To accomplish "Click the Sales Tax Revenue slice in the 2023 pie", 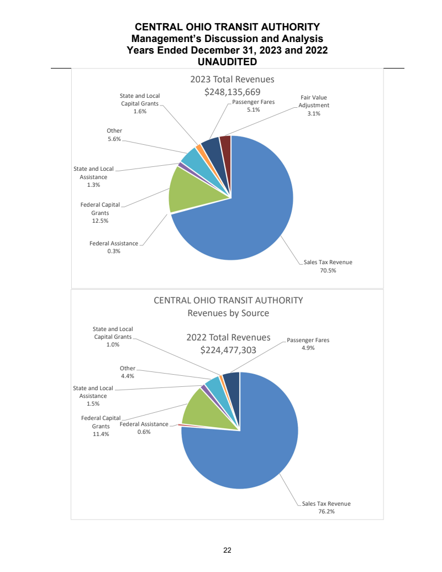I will point(249,216).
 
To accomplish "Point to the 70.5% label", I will point(328,271).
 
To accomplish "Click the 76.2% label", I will point(327,512).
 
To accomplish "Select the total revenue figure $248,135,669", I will point(232,92).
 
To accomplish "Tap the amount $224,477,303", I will point(228,349).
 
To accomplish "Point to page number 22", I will point(227,550).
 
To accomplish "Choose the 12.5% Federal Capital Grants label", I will point(100,221).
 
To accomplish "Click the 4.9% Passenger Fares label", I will point(308,348).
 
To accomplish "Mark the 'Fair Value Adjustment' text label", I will point(313,101).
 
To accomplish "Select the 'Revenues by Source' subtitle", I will point(228,313).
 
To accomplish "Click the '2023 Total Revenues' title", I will point(232,79).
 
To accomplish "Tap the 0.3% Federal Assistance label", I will point(114,251).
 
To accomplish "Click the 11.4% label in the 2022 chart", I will point(101,434).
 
